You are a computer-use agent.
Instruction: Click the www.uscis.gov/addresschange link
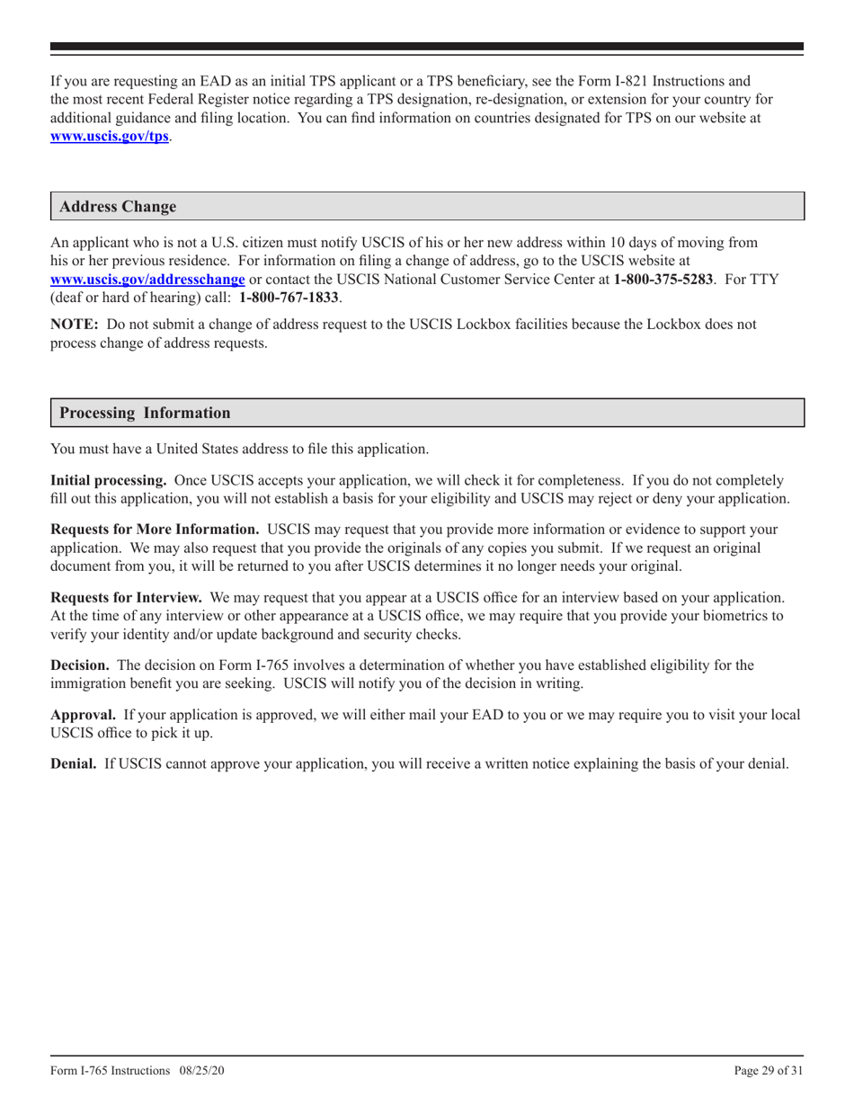(147, 279)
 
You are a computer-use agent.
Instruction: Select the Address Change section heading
(118, 207)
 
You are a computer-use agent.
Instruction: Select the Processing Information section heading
(144, 413)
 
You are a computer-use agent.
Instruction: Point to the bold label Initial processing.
(108, 480)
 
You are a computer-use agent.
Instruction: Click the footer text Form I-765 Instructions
(110, 1071)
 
